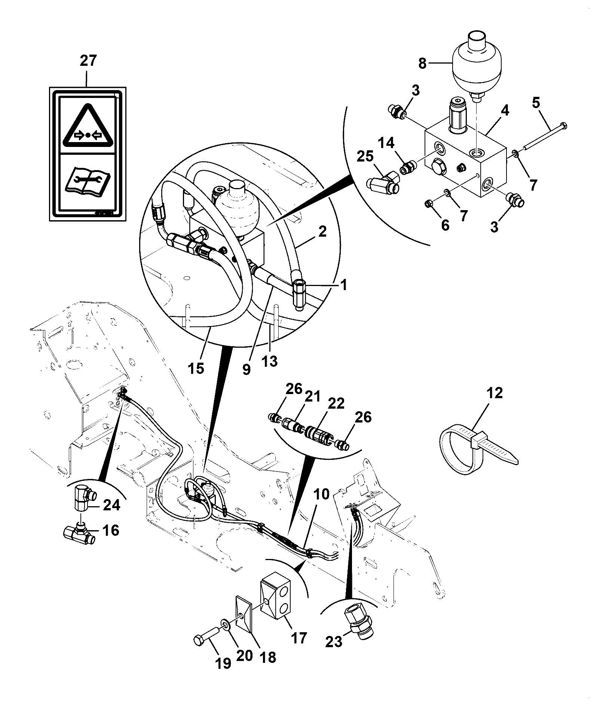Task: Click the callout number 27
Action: (x=88, y=61)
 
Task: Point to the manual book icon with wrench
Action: (x=87, y=181)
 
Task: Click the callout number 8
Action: (x=422, y=64)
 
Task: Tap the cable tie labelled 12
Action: (x=478, y=450)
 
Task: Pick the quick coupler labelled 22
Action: (x=318, y=433)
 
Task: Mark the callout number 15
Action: (x=196, y=368)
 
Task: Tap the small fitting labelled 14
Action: (x=407, y=167)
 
